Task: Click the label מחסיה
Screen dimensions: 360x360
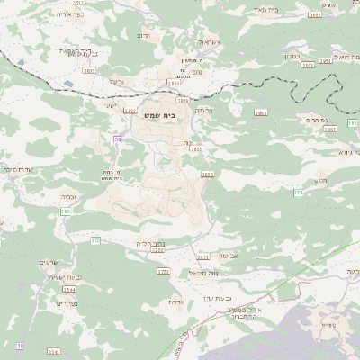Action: coord(202,111)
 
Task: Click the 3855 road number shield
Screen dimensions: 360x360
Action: coord(207,175)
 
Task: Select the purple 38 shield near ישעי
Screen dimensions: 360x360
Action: coord(117,139)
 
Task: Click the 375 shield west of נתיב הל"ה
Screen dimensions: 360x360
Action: coord(95,239)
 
